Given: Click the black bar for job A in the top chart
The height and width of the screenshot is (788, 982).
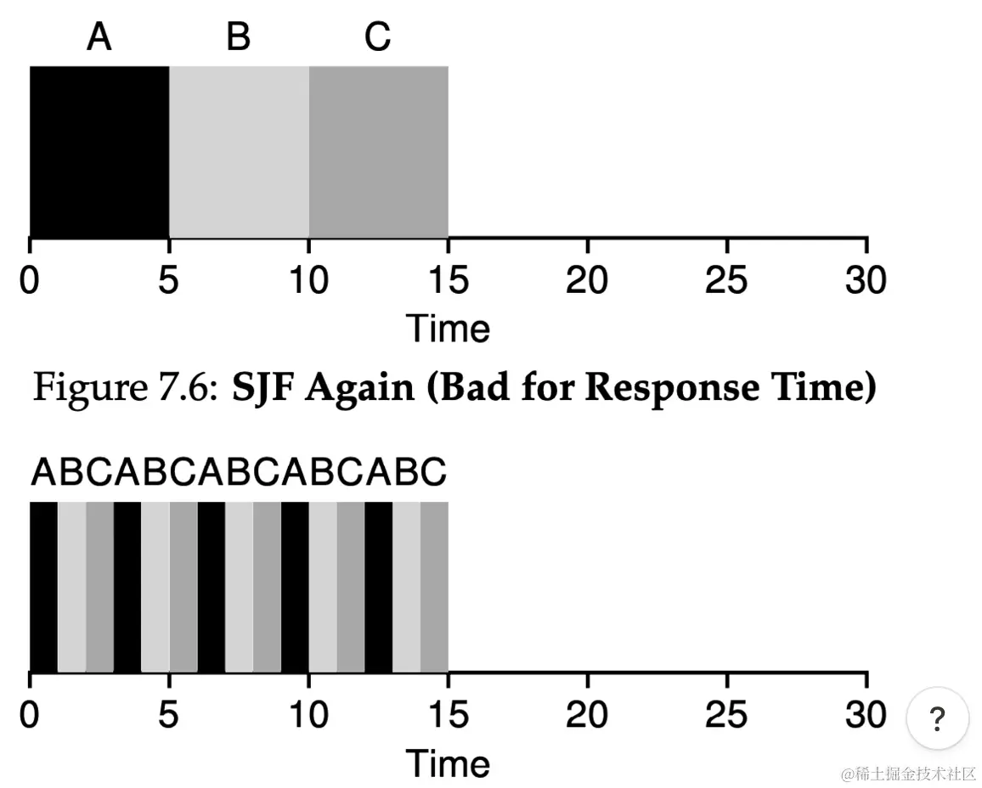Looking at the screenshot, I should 99,151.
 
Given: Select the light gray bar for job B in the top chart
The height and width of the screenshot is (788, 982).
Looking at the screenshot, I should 239,151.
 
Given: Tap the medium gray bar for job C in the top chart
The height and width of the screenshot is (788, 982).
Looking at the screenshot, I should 378,151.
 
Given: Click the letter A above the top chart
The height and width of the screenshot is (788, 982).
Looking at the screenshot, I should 99,37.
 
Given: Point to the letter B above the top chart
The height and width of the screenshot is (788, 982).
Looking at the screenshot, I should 239,37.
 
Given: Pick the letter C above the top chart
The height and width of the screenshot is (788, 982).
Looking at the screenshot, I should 378,37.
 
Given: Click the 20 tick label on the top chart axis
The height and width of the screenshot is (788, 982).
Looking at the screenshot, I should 587,280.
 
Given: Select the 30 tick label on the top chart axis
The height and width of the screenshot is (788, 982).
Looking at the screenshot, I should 866,280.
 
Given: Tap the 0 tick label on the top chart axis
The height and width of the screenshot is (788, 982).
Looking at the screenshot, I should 30,280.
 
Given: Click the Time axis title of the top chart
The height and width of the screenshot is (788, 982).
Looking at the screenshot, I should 448,328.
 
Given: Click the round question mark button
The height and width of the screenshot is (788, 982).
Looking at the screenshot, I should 938,718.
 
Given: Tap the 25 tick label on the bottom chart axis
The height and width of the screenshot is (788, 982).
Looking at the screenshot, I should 726,715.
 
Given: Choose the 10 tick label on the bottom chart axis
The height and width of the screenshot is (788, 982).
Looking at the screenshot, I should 308,715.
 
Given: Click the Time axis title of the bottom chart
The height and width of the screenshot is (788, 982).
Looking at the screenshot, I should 448,763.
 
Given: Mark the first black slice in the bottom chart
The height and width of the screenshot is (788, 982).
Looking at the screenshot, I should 43,586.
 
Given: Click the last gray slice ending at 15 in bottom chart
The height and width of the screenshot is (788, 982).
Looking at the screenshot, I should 434,586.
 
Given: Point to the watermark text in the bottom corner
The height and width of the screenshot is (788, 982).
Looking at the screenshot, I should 908,774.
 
